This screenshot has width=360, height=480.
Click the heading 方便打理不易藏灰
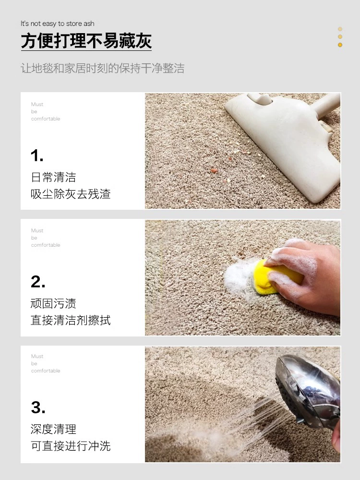pyautogui.click(x=86, y=41)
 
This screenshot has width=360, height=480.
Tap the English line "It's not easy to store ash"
pyautogui.click(x=58, y=24)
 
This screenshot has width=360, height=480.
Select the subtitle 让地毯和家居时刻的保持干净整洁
pyautogui.click(x=102, y=68)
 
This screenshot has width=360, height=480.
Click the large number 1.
pyautogui.click(x=37, y=156)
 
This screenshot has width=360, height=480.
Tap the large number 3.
pyautogui.click(x=38, y=408)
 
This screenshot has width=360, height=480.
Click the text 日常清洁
pyautogui.click(x=53, y=177)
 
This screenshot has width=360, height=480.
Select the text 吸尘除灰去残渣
pyautogui.click(x=71, y=194)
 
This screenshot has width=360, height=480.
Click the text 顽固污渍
pyautogui.click(x=53, y=303)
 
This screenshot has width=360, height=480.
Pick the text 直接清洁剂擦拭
pyautogui.click(x=71, y=320)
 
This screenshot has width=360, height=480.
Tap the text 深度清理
pyautogui.click(x=53, y=429)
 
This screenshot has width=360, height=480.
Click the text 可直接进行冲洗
pyautogui.click(x=71, y=446)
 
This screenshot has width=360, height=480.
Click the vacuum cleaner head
pyautogui.click(x=283, y=144)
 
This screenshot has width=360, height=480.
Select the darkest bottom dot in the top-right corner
pyautogui.click(x=340, y=45)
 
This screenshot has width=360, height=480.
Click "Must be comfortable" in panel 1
pyautogui.click(x=46, y=111)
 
